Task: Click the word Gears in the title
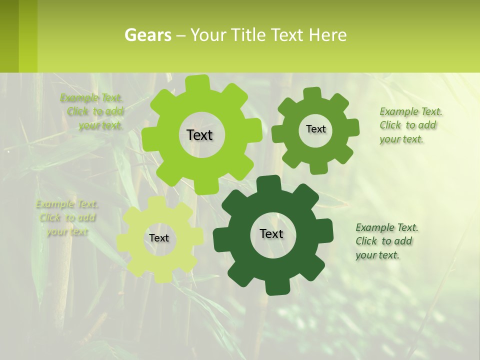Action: coord(147,35)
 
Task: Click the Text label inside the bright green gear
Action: coord(200,135)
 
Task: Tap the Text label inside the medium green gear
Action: coord(315,129)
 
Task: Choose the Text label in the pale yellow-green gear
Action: coord(159,238)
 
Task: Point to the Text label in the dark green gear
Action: coord(271,233)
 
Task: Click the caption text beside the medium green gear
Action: coord(410,125)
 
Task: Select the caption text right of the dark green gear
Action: coord(386,241)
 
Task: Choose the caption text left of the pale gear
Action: coord(67,217)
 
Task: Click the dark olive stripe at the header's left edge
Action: coord(9,36)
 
